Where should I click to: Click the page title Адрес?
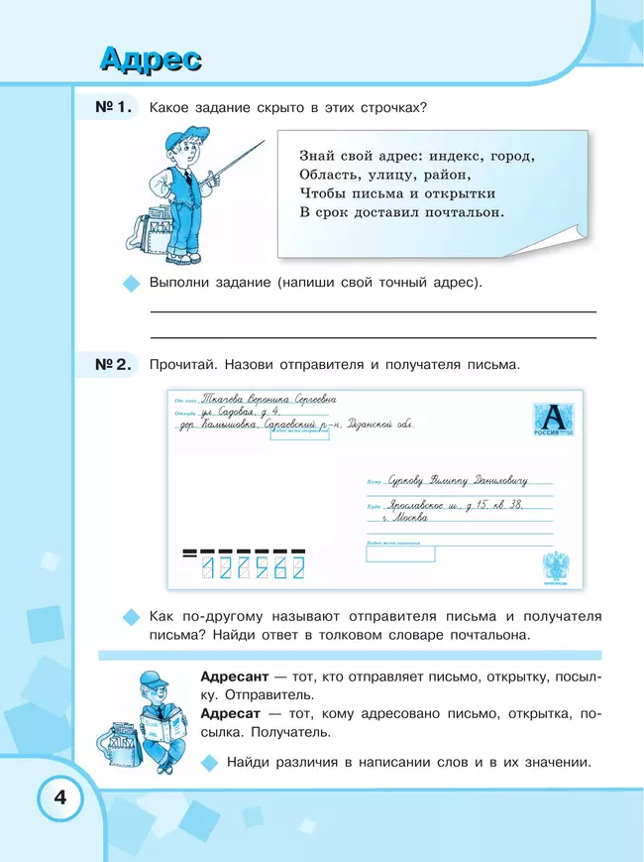[151, 59]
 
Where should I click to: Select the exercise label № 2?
[112, 364]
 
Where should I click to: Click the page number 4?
[59, 799]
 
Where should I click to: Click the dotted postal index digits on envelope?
[253, 567]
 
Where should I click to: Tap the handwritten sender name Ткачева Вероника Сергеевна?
[268, 399]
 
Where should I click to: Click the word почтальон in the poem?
[465, 212]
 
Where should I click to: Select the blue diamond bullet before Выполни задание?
[128, 284]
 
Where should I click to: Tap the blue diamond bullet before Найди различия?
[208, 763]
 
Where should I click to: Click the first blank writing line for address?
[372, 311]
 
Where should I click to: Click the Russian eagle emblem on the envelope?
[555, 565]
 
